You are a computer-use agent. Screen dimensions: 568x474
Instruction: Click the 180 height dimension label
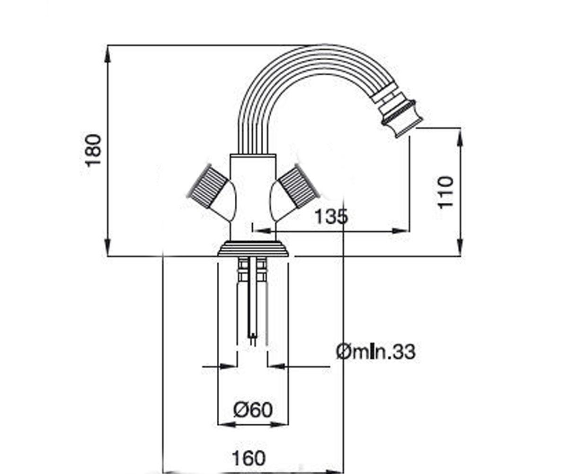(93, 150)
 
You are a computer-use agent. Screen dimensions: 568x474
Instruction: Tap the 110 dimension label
(446, 192)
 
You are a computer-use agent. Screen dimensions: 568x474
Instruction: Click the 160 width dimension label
(248, 458)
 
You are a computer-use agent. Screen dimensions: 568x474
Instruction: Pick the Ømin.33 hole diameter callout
(376, 352)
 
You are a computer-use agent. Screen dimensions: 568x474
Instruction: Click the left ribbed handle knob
(208, 186)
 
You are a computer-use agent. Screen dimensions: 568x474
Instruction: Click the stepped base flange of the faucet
(253, 249)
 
